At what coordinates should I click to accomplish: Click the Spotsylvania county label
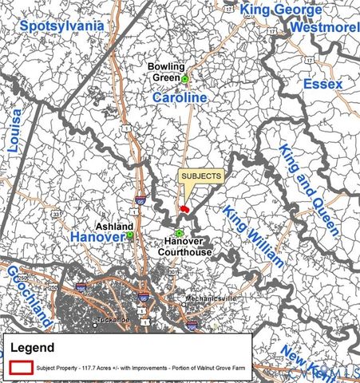(x=62, y=26)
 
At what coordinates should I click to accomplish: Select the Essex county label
(x=322, y=84)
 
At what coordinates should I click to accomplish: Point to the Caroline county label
(x=180, y=97)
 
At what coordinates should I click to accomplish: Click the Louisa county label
(x=15, y=131)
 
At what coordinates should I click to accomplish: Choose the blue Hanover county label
(x=97, y=238)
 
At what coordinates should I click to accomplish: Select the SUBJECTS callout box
(x=200, y=176)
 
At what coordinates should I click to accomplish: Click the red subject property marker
(x=184, y=209)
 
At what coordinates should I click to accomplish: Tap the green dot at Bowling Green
(x=184, y=79)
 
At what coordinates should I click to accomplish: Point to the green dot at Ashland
(x=129, y=235)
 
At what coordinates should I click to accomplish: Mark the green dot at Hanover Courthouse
(x=179, y=233)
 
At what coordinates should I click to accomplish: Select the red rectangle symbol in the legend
(x=22, y=366)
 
